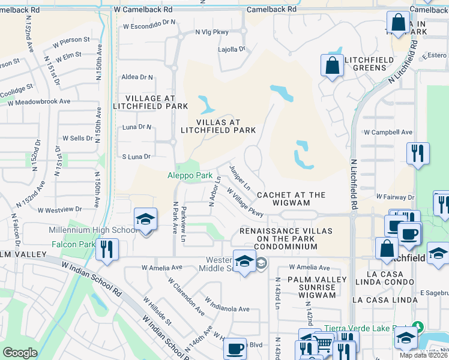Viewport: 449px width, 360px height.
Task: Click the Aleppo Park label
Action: click(190, 176)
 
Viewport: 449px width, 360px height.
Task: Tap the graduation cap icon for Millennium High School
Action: click(145, 220)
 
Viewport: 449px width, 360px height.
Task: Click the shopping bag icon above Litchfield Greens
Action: click(332, 65)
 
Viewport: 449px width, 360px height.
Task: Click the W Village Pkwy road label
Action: click(244, 202)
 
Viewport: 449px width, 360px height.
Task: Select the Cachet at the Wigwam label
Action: click(291, 199)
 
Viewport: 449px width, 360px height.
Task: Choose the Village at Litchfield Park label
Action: click(151, 102)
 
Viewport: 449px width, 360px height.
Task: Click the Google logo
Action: click(20, 352)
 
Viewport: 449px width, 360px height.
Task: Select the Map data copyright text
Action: click(423, 355)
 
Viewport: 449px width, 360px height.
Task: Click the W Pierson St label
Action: click(71, 41)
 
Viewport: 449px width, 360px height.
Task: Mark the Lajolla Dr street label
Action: click(232, 49)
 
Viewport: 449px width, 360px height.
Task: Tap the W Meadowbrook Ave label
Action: click(39, 101)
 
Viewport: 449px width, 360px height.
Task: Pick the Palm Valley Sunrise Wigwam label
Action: click(317, 284)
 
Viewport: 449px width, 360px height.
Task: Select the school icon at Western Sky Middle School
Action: click(244, 261)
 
